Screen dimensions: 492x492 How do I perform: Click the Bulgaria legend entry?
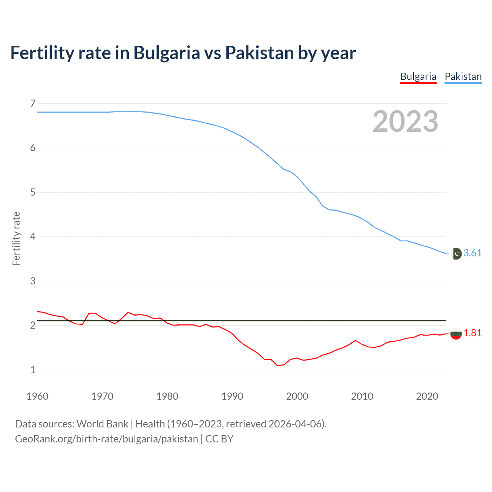418,76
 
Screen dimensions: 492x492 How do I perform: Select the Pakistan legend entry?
463,76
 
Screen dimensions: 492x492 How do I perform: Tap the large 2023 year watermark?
405,121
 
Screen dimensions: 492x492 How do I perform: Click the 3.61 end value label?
472,253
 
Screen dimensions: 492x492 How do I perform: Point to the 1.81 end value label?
472,333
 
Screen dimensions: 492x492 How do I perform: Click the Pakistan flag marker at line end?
456,254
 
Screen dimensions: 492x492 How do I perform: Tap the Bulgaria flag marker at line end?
456,334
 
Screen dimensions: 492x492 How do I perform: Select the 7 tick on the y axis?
33,103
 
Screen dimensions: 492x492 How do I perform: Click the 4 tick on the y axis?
33,236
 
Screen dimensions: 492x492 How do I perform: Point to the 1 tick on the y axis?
33,370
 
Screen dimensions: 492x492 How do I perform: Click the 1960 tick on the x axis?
37,396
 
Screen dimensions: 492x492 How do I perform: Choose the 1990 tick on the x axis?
232,396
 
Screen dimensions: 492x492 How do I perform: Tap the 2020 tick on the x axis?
427,396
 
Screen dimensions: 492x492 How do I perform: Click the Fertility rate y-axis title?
16,238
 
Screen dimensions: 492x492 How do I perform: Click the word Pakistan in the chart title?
259,53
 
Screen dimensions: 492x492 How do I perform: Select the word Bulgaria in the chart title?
166,53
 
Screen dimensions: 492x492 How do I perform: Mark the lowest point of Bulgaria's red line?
278,366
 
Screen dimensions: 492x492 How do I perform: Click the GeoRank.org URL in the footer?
106,439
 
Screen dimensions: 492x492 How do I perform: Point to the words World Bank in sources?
102,424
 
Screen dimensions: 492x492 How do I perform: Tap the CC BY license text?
219,439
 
